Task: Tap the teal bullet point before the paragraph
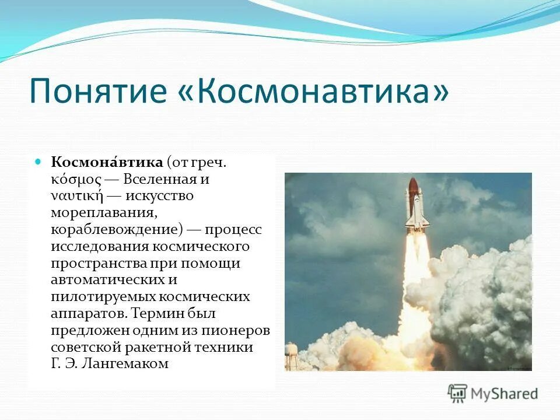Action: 39,160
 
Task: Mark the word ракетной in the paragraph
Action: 157,347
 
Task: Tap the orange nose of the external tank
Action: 413,185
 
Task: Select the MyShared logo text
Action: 505,393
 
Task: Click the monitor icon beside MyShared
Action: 458,393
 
